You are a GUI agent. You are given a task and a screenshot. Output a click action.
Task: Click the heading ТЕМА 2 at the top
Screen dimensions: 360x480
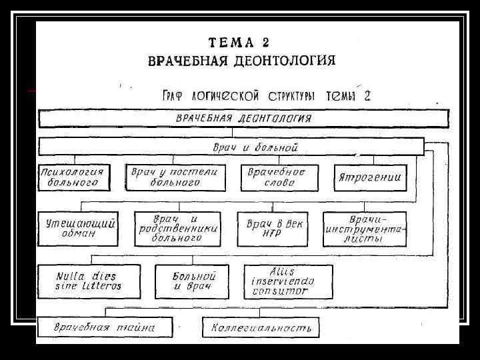pyautogui.click(x=239, y=43)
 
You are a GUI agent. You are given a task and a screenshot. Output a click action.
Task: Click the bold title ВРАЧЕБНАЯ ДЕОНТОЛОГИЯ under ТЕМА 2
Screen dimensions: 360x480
pyautogui.click(x=241, y=61)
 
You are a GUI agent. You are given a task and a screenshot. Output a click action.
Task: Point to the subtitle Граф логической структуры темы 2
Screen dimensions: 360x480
pyautogui.click(x=266, y=95)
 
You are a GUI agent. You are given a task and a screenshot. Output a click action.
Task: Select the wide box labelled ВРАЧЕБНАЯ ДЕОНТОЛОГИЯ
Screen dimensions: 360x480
pyautogui.click(x=243, y=119)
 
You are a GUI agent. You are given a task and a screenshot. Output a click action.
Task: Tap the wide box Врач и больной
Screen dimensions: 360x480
pyautogui.click(x=231, y=146)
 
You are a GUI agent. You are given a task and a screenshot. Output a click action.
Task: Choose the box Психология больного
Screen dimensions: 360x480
pyautogui.click(x=73, y=177)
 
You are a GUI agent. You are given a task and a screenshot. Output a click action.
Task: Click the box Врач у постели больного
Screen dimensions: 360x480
pyautogui.click(x=175, y=177)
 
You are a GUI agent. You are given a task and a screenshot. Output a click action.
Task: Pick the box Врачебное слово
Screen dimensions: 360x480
pyautogui.click(x=276, y=177)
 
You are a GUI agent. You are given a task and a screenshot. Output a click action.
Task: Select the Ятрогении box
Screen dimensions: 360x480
pyautogui.click(x=370, y=177)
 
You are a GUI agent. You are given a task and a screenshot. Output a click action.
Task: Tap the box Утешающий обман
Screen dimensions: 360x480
pyautogui.click(x=77, y=228)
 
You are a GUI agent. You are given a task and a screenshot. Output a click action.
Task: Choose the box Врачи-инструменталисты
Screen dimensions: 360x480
pyautogui.click(x=366, y=228)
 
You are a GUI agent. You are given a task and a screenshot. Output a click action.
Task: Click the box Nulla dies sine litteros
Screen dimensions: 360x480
pyautogui.click(x=89, y=281)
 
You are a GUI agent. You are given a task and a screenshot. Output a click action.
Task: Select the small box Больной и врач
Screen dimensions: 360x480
pyautogui.click(x=191, y=281)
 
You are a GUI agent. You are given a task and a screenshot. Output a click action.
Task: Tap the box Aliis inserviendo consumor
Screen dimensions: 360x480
pyautogui.click(x=288, y=281)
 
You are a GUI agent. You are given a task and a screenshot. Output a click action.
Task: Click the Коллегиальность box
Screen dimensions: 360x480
pyautogui.click(x=261, y=327)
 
